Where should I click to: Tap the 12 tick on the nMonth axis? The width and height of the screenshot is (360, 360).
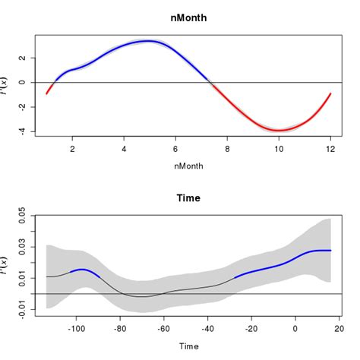pos(330,150)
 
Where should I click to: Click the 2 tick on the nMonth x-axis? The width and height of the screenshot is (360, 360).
pos(72,150)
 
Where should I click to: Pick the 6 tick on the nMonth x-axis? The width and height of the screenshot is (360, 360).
pos(175,150)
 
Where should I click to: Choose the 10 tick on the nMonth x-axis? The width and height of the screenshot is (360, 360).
pos(279,150)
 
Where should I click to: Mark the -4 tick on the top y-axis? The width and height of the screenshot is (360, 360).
pos(23,131)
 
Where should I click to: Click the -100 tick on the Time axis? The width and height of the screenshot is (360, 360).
pos(76,330)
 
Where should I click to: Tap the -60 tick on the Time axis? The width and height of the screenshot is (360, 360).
pos(163,330)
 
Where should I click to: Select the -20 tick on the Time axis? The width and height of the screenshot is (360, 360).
pos(251,330)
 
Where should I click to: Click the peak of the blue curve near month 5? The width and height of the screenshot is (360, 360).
pos(150,41)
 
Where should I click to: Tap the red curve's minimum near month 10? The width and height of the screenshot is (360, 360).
pos(279,130)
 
